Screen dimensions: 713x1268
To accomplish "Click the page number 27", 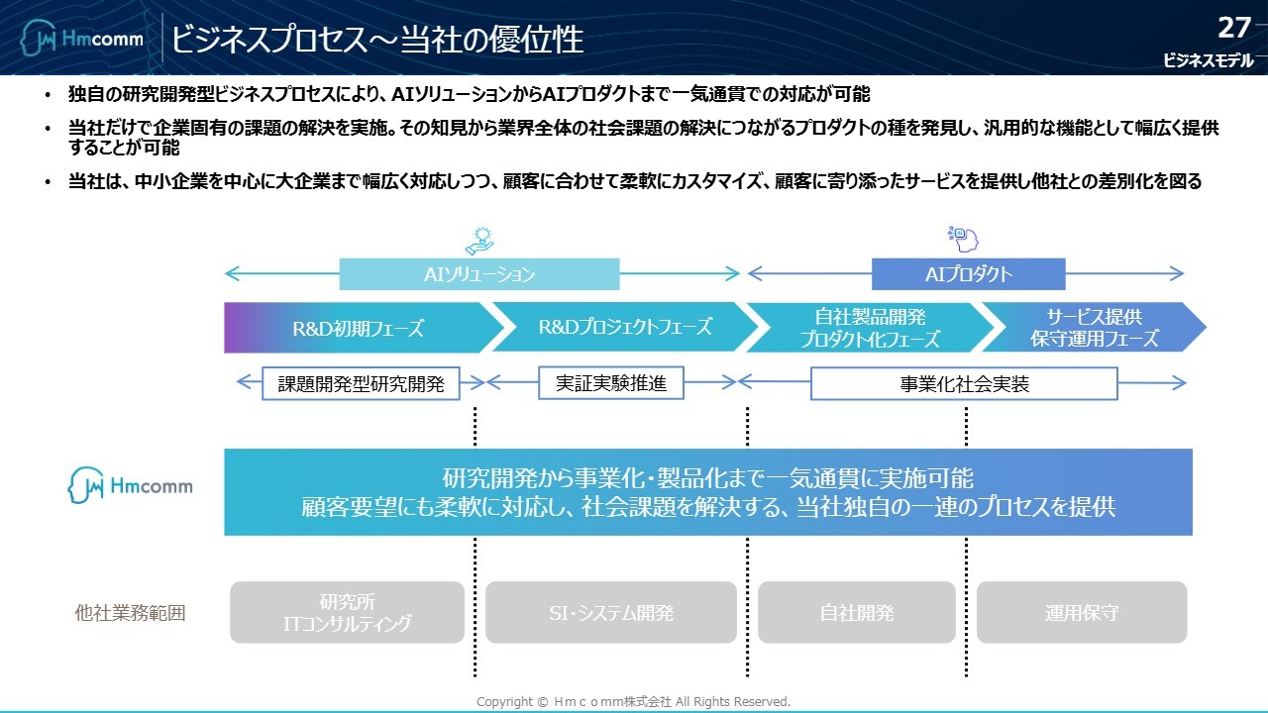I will (x=1235, y=27).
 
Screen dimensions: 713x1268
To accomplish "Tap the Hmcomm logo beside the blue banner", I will (x=131, y=485).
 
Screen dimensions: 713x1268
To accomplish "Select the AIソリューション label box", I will (x=479, y=274).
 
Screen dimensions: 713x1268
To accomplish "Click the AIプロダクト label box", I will (x=968, y=274).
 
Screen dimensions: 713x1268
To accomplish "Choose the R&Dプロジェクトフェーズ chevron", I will (x=624, y=327).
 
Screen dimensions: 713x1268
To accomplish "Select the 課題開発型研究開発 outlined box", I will (x=361, y=384).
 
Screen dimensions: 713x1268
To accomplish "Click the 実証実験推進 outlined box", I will (x=611, y=383).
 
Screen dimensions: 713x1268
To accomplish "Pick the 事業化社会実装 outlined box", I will (x=964, y=384).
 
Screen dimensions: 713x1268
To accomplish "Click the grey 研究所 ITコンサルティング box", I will (x=347, y=612).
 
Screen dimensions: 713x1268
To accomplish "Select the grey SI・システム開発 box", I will (x=611, y=612).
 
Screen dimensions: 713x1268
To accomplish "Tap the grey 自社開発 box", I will (x=857, y=612).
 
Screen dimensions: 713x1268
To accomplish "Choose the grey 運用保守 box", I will (x=1082, y=612).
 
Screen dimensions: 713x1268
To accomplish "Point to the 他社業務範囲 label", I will (x=130, y=613).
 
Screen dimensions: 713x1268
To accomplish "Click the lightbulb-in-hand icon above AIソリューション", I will (x=479, y=241).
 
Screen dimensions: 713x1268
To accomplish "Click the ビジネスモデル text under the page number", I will (x=1208, y=61).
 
